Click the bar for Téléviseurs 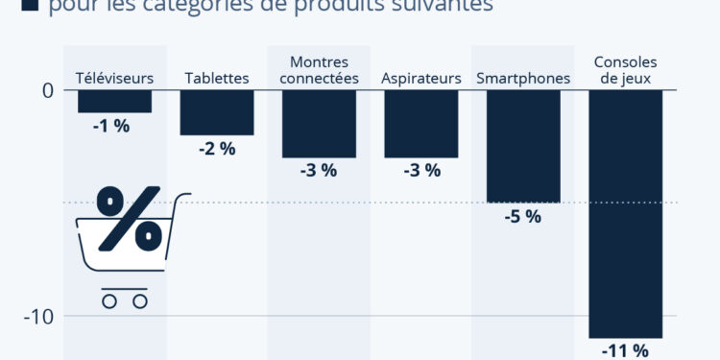coord(114,101)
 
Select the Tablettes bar coord(217,112)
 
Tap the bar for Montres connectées coord(319,124)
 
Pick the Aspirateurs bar coord(420,124)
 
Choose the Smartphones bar coord(523,146)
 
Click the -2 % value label coord(216,148)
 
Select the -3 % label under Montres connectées coord(318,171)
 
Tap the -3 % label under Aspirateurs coord(420,171)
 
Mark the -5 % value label coord(522,217)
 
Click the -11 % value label coord(625,350)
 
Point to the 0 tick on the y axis coord(47,90)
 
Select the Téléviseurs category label coord(114,78)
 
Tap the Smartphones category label coord(523,78)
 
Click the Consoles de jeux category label coord(626,70)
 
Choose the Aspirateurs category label coord(420,78)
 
